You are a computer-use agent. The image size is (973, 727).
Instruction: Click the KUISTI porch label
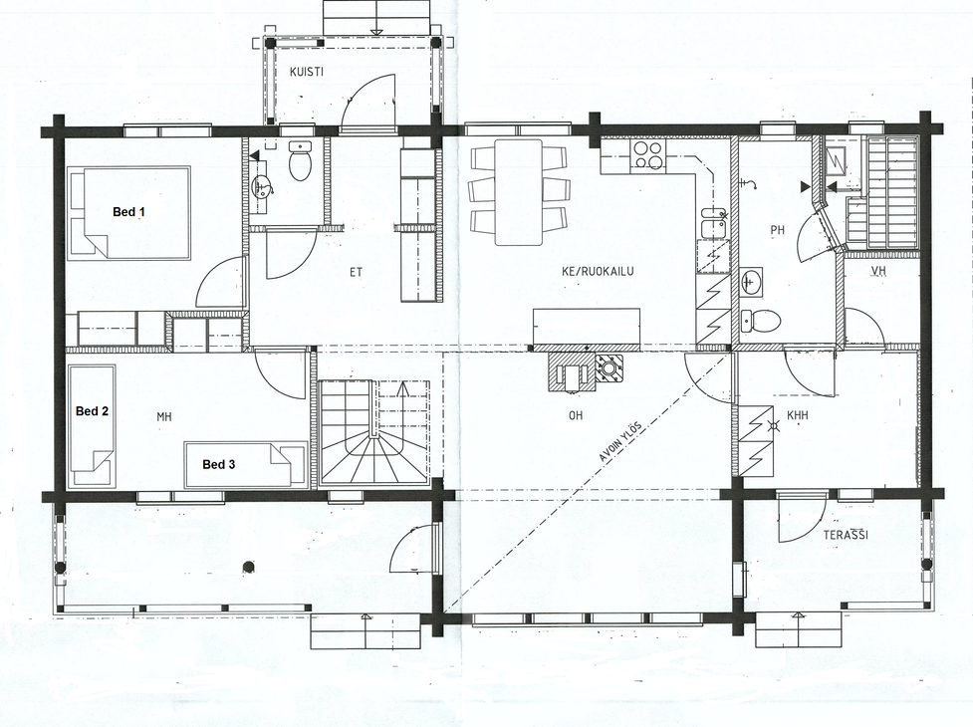tap(307, 72)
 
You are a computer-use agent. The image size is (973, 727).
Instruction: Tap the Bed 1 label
tap(128, 212)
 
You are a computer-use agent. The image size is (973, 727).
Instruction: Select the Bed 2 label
tap(92, 411)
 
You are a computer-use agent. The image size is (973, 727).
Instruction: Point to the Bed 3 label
tap(218, 465)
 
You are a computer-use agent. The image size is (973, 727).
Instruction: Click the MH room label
tap(163, 417)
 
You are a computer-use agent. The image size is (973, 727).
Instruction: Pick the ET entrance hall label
tap(356, 272)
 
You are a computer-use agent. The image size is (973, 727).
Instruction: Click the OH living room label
tap(576, 415)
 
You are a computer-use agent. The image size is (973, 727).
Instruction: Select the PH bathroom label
tap(777, 230)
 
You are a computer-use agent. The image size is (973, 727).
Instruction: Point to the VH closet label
tap(877, 271)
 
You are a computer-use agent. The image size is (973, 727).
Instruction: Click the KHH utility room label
tap(798, 415)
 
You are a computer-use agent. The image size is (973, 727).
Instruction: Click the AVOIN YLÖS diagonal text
tap(619, 442)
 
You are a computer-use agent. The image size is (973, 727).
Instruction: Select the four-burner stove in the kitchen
tap(648, 154)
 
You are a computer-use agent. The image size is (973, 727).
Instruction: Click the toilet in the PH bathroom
tap(761, 321)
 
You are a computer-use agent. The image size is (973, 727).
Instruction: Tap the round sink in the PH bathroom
tap(752, 283)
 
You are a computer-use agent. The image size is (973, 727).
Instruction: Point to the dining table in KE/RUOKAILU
tap(518, 191)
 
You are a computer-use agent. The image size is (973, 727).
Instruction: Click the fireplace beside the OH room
tap(571, 373)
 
